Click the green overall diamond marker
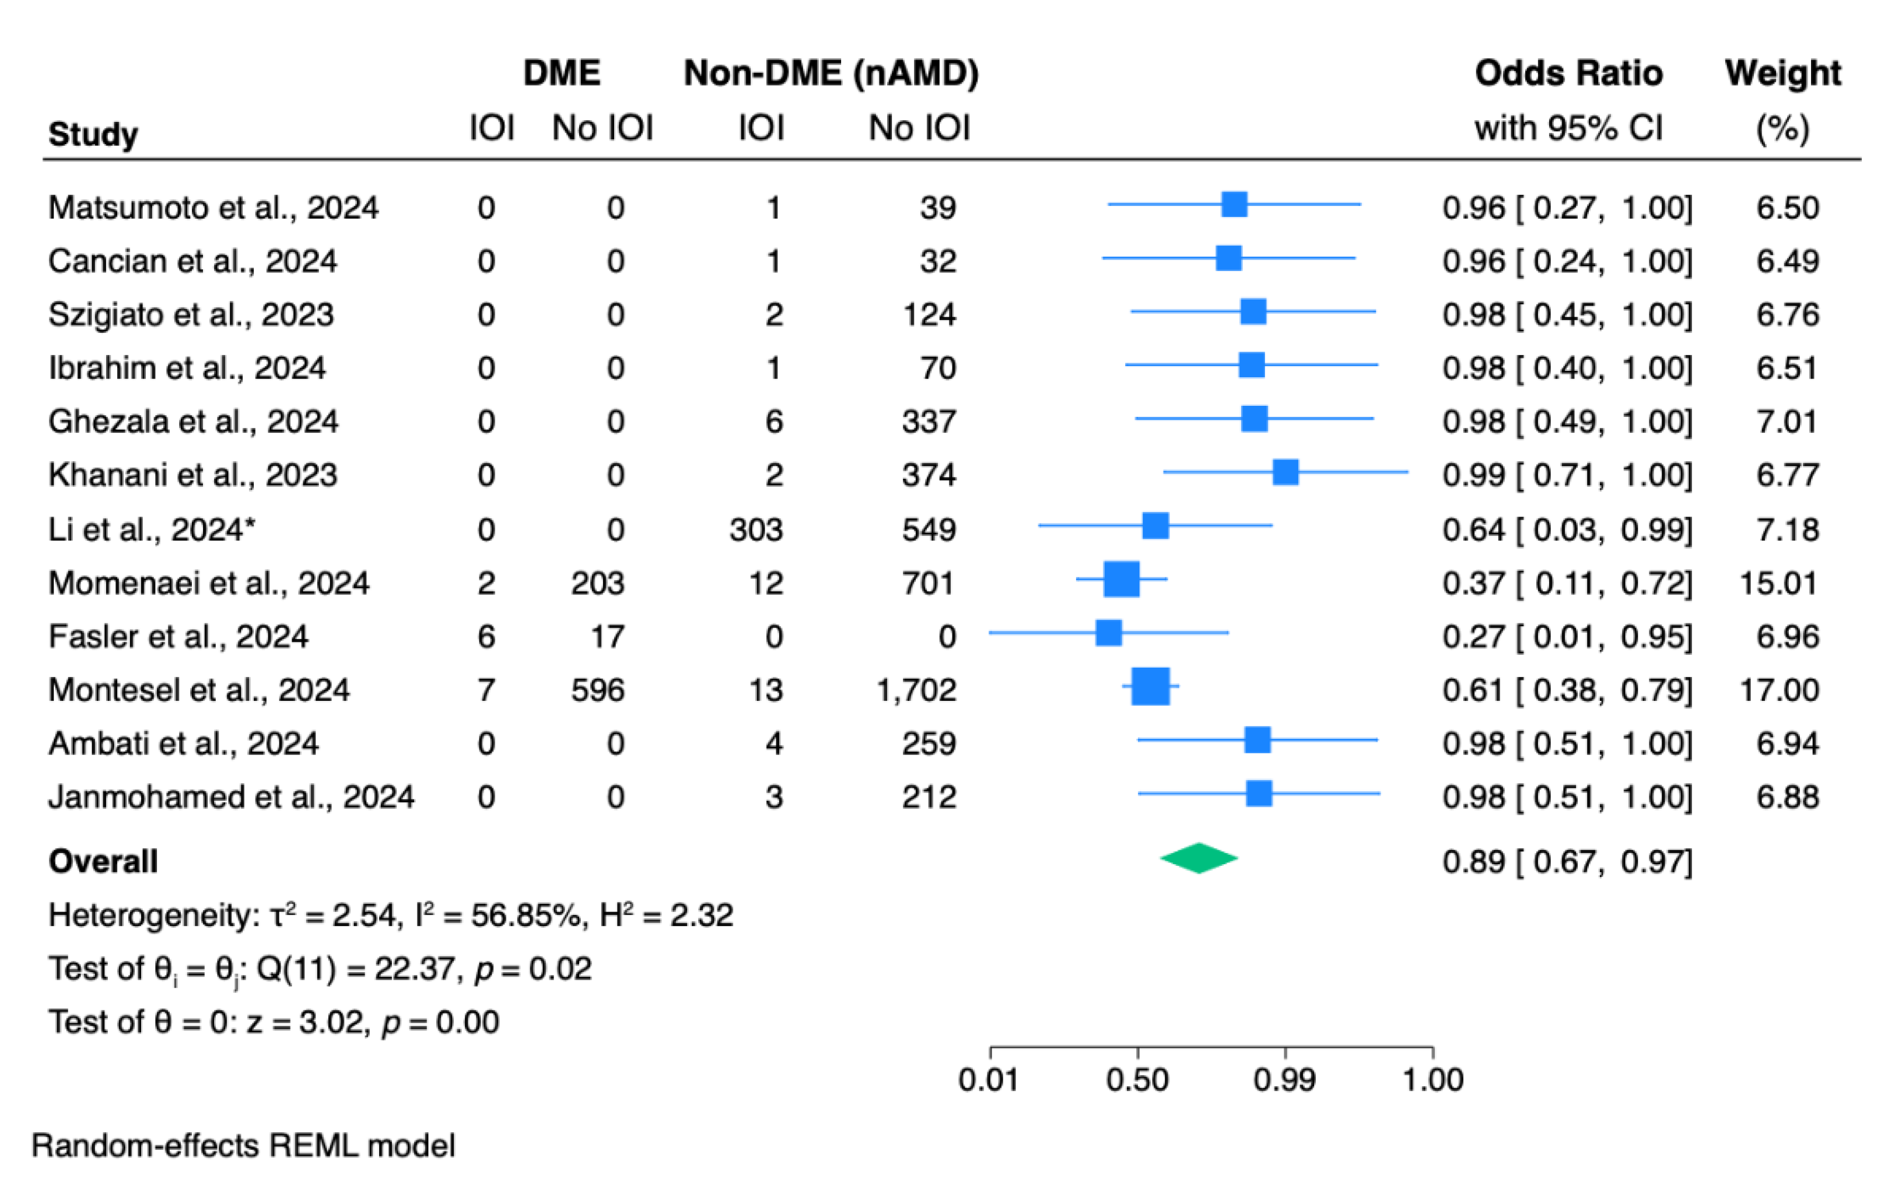tap(1198, 858)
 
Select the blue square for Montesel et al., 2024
tap(1150, 687)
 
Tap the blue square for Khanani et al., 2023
tap(1285, 472)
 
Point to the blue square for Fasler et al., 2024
tap(1108, 633)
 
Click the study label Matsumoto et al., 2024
tap(213, 208)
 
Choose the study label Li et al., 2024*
tap(151, 530)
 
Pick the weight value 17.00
tap(1778, 690)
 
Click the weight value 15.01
tap(1778, 583)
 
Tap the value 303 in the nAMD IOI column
tap(756, 530)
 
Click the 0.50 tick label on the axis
tap(1137, 1080)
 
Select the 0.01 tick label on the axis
tap(988, 1080)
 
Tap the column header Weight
tap(1782, 73)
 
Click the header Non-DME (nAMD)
tap(831, 73)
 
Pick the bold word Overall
tap(103, 861)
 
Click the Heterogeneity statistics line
tap(390, 915)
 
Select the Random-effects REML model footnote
tap(243, 1146)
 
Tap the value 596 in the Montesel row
tap(597, 690)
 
